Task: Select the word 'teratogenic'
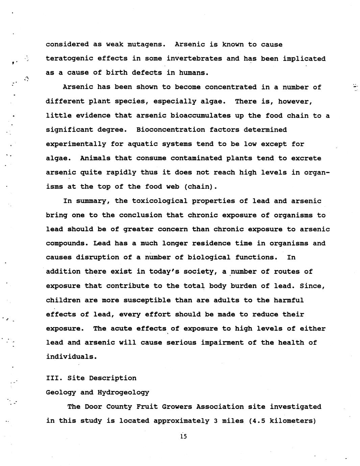click(x=69, y=59)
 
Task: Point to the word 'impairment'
click(x=222, y=343)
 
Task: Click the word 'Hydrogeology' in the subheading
click(x=123, y=392)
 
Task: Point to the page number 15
click(x=183, y=436)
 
